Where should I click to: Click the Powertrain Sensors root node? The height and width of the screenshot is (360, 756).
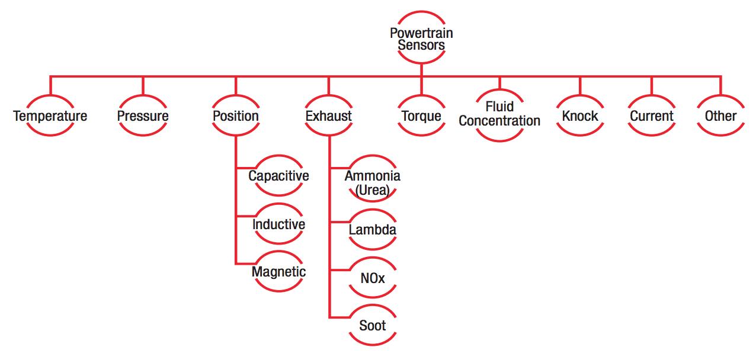point(421,38)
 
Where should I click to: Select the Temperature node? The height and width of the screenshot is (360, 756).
point(50,115)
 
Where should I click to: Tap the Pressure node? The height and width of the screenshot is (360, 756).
point(143,115)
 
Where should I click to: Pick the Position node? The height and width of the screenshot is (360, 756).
point(236,115)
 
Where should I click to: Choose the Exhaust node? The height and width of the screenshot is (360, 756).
point(329,115)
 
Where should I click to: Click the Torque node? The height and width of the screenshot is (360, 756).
point(421,115)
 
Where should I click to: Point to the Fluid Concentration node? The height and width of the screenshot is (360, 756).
point(499,114)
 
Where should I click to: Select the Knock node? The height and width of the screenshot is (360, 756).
point(580,115)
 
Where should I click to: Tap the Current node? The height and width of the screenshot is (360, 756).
point(652,115)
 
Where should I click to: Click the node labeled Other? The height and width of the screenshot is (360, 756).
point(720,115)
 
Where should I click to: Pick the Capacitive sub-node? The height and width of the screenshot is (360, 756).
point(278,176)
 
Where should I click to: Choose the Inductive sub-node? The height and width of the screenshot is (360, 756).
point(278,224)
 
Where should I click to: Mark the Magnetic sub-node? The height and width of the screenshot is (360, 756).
point(278,272)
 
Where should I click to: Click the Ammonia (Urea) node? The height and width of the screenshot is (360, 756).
point(372,182)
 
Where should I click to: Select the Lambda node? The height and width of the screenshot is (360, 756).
point(372,230)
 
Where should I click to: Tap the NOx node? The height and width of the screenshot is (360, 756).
point(372,277)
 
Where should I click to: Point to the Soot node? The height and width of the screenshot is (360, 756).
point(372,325)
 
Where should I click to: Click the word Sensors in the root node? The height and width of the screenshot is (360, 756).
point(421,45)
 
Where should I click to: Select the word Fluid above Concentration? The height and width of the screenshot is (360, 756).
point(499,107)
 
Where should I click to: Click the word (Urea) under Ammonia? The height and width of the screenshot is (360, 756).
point(372,189)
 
